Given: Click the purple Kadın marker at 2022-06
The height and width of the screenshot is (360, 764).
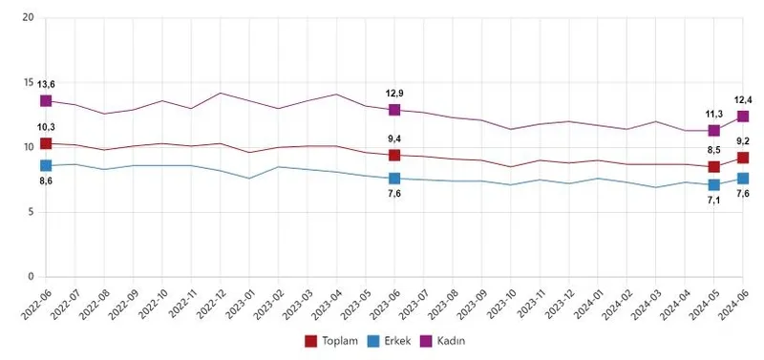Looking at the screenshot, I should (x=46, y=100).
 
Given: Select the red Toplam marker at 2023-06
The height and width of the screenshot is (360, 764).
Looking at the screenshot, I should (x=394, y=155).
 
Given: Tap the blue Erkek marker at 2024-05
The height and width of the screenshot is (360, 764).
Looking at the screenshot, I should (x=713, y=184).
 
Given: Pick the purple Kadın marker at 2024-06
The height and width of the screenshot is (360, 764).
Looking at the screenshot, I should (x=742, y=116).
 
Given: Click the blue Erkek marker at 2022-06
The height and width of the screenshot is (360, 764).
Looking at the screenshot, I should (x=46, y=165).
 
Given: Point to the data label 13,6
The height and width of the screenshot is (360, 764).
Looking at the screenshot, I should (x=46, y=83).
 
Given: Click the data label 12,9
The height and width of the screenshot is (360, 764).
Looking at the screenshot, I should (x=394, y=93).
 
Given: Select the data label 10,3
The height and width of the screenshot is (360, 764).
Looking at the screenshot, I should (x=46, y=127).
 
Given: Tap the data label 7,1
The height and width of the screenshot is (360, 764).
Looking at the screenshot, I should (x=713, y=201).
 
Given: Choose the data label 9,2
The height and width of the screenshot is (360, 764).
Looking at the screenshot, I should (x=742, y=140).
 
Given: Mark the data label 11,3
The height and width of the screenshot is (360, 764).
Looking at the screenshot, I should (x=713, y=113).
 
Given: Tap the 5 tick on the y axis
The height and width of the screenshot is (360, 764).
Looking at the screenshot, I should (x=30, y=212).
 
